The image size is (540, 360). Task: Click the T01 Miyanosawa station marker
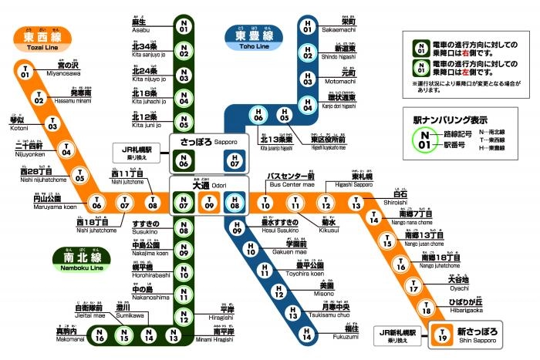(x=25, y=72)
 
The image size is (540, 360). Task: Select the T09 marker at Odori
(x=209, y=204)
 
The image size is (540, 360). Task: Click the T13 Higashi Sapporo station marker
(x=356, y=204)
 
